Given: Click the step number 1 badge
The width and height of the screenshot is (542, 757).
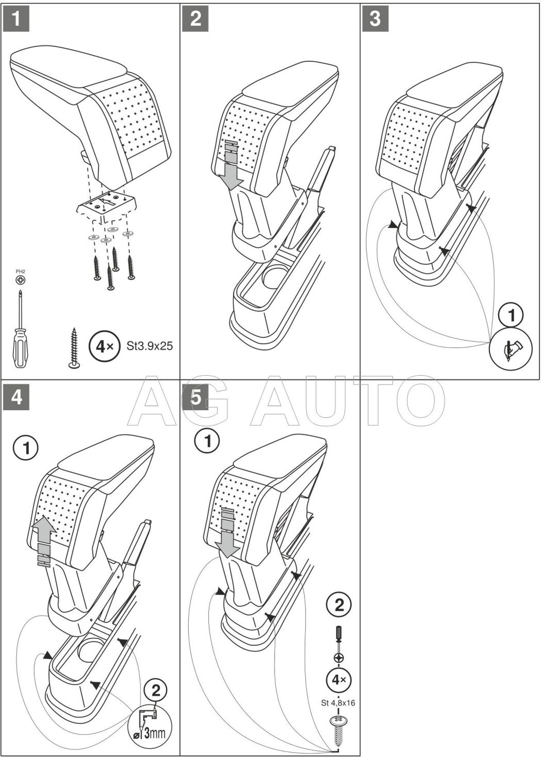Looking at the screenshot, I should tap(16, 19).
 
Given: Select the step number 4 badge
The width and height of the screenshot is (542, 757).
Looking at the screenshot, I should tap(16, 397).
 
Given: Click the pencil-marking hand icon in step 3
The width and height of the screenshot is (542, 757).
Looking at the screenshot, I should tap(512, 348).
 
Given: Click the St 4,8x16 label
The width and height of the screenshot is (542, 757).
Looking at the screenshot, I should tap(338, 702).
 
